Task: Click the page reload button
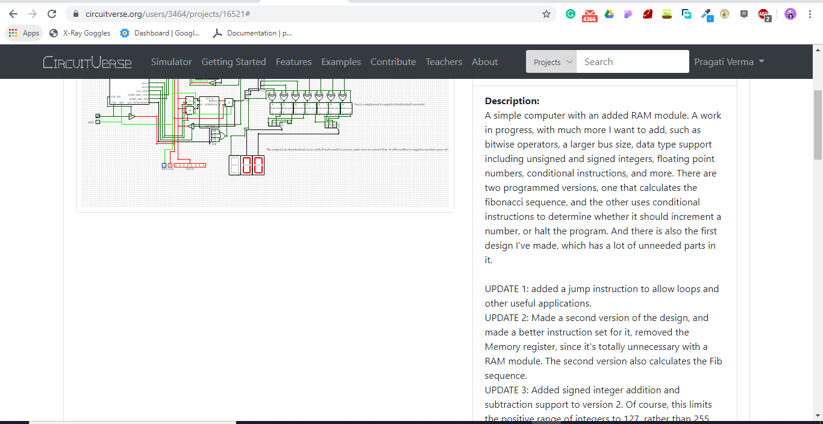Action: point(52,14)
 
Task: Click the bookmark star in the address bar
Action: point(546,14)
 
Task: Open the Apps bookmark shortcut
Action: point(24,33)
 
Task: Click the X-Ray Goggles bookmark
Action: point(80,33)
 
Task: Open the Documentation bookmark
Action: point(252,33)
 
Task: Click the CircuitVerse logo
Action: point(87,62)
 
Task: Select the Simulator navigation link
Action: point(171,62)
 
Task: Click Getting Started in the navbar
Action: point(233,62)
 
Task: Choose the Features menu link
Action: point(293,62)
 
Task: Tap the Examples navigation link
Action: point(341,62)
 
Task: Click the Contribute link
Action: point(393,62)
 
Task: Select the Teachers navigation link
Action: point(443,62)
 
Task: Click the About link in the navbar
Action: point(484,62)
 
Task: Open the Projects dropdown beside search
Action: point(551,62)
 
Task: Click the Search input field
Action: point(632,62)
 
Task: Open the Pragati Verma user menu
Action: point(729,62)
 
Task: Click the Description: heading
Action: point(512,101)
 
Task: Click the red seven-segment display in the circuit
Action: point(252,166)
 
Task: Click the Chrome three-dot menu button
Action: point(810,14)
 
